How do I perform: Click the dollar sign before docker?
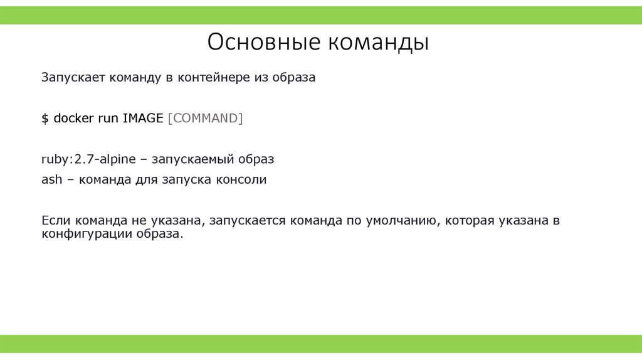(x=45, y=119)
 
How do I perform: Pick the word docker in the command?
(x=73, y=119)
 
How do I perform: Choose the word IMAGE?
(x=143, y=119)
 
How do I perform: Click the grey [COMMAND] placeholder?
(x=205, y=119)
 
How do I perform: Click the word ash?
(x=52, y=180)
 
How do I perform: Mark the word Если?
(x=56, y=221)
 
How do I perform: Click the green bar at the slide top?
(x=321, y=15)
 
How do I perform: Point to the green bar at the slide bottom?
(x=321, y=344)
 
